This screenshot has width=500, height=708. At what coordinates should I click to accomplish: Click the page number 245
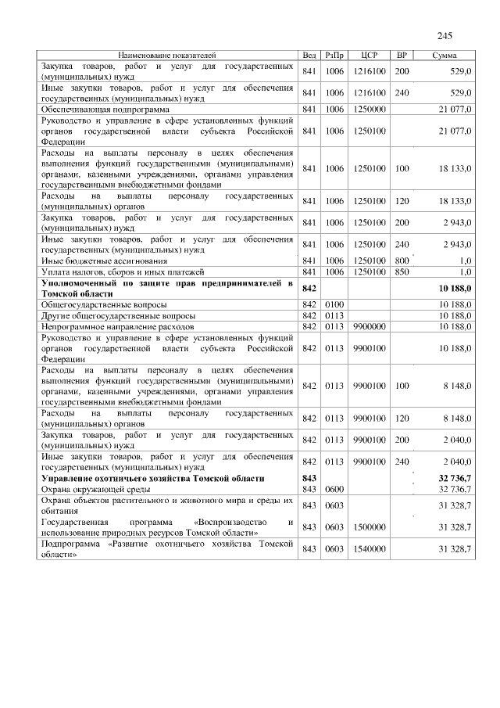pyautogui.click(x=445, y=36)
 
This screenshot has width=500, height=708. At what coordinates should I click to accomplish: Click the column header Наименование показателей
pyautogui.click(x=167, y=56)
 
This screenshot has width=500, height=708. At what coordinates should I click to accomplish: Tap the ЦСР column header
pyautogui.click(x=370, y=56)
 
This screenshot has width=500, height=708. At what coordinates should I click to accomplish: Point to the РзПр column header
pyautogui.click(x=334, y=56)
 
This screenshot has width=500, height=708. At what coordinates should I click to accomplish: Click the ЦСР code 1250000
pyautogui.click(x=370, y=109)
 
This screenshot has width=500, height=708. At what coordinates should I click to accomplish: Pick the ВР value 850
pyautogui.click(x=402, y=271)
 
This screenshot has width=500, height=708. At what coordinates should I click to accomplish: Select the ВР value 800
pyautogui.click(x=402, y=261)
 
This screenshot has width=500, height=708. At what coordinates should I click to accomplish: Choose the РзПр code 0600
pyautogui.click(x=334, y=489)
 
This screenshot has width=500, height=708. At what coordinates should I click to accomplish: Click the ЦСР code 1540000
pyautogui.click(x=370, y=549)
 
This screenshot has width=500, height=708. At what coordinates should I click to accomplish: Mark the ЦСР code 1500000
pyautogui.click(x=370, y=527)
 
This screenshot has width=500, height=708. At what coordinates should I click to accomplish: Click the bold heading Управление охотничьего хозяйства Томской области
pyautogui.click(x=152, y=478)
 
